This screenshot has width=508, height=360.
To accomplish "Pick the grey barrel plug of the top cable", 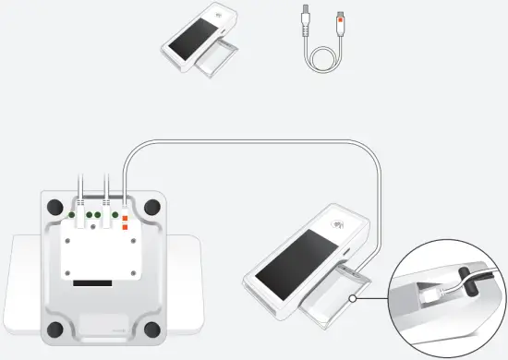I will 306,14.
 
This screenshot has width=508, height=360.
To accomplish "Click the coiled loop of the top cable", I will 325,57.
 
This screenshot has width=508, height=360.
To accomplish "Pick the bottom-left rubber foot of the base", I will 54,328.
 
